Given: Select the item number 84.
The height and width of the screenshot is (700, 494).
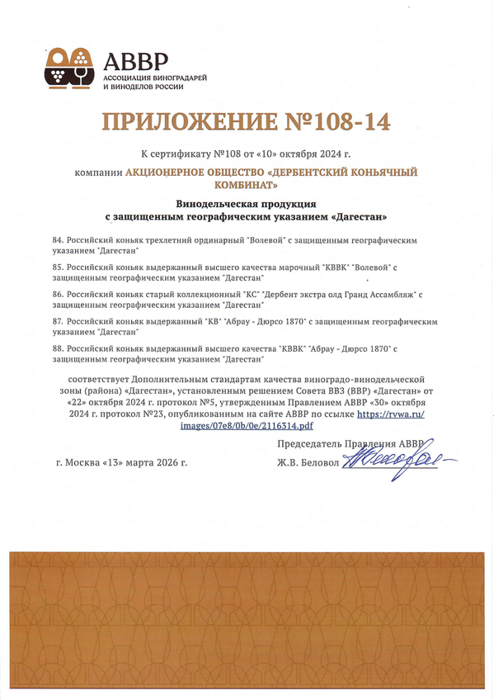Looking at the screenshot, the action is pyautogui.click(x=57, y=239).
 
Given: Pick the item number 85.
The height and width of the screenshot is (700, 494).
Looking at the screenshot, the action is pyautogui.click(x=57, y=267).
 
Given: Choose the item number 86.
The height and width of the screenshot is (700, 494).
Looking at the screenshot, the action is pyautogui.click(x=57, y=294).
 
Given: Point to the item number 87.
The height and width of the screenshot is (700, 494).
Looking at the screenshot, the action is pyautogui.click(x=57, y=321).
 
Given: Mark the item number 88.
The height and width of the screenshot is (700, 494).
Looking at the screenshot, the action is pyautogui.click(x=57, y=349).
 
